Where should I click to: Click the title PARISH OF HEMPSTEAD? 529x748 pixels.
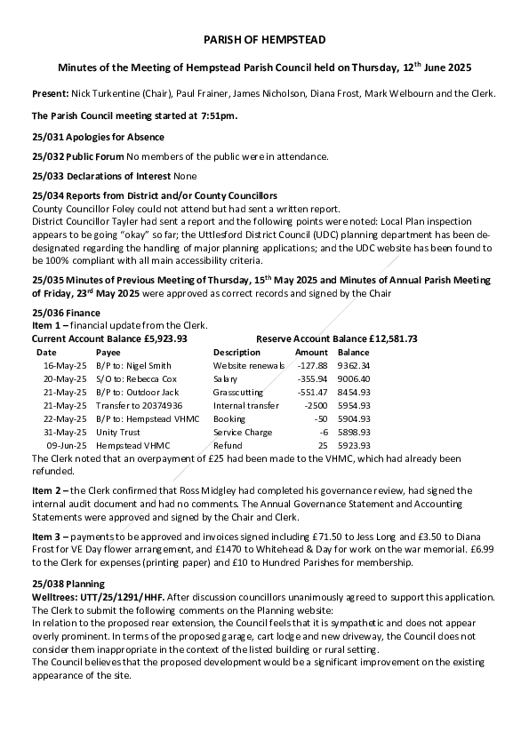coord(264,40)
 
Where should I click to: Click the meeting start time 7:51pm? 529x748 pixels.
coord(220,115)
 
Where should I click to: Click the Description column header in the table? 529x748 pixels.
coord(236,352)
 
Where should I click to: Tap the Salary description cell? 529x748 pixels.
coord(226,378)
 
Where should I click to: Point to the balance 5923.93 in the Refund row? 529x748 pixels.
coord(354,445)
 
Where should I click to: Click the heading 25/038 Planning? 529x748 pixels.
coord(68,584)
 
